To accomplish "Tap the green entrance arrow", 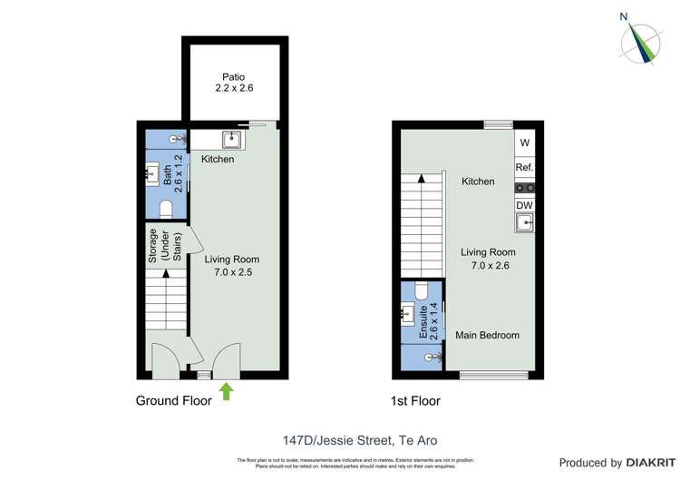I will [227, 391].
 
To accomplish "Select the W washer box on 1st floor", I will [524, 142].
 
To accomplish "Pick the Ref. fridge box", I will [524, 167].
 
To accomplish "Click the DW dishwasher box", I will [524, 205].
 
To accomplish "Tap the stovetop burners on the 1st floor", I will [524, 188].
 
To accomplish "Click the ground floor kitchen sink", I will [231, 140].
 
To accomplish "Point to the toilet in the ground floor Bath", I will [166, 209].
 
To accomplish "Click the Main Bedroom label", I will [487, 336].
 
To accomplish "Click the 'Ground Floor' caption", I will [173, 400].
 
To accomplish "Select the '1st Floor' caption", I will [417, 400].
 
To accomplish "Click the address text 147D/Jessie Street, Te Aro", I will [339, 441].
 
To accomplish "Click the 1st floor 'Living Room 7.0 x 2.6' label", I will [488, 259].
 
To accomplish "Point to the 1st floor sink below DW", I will [524, 221].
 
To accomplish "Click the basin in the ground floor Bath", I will [151, 172].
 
